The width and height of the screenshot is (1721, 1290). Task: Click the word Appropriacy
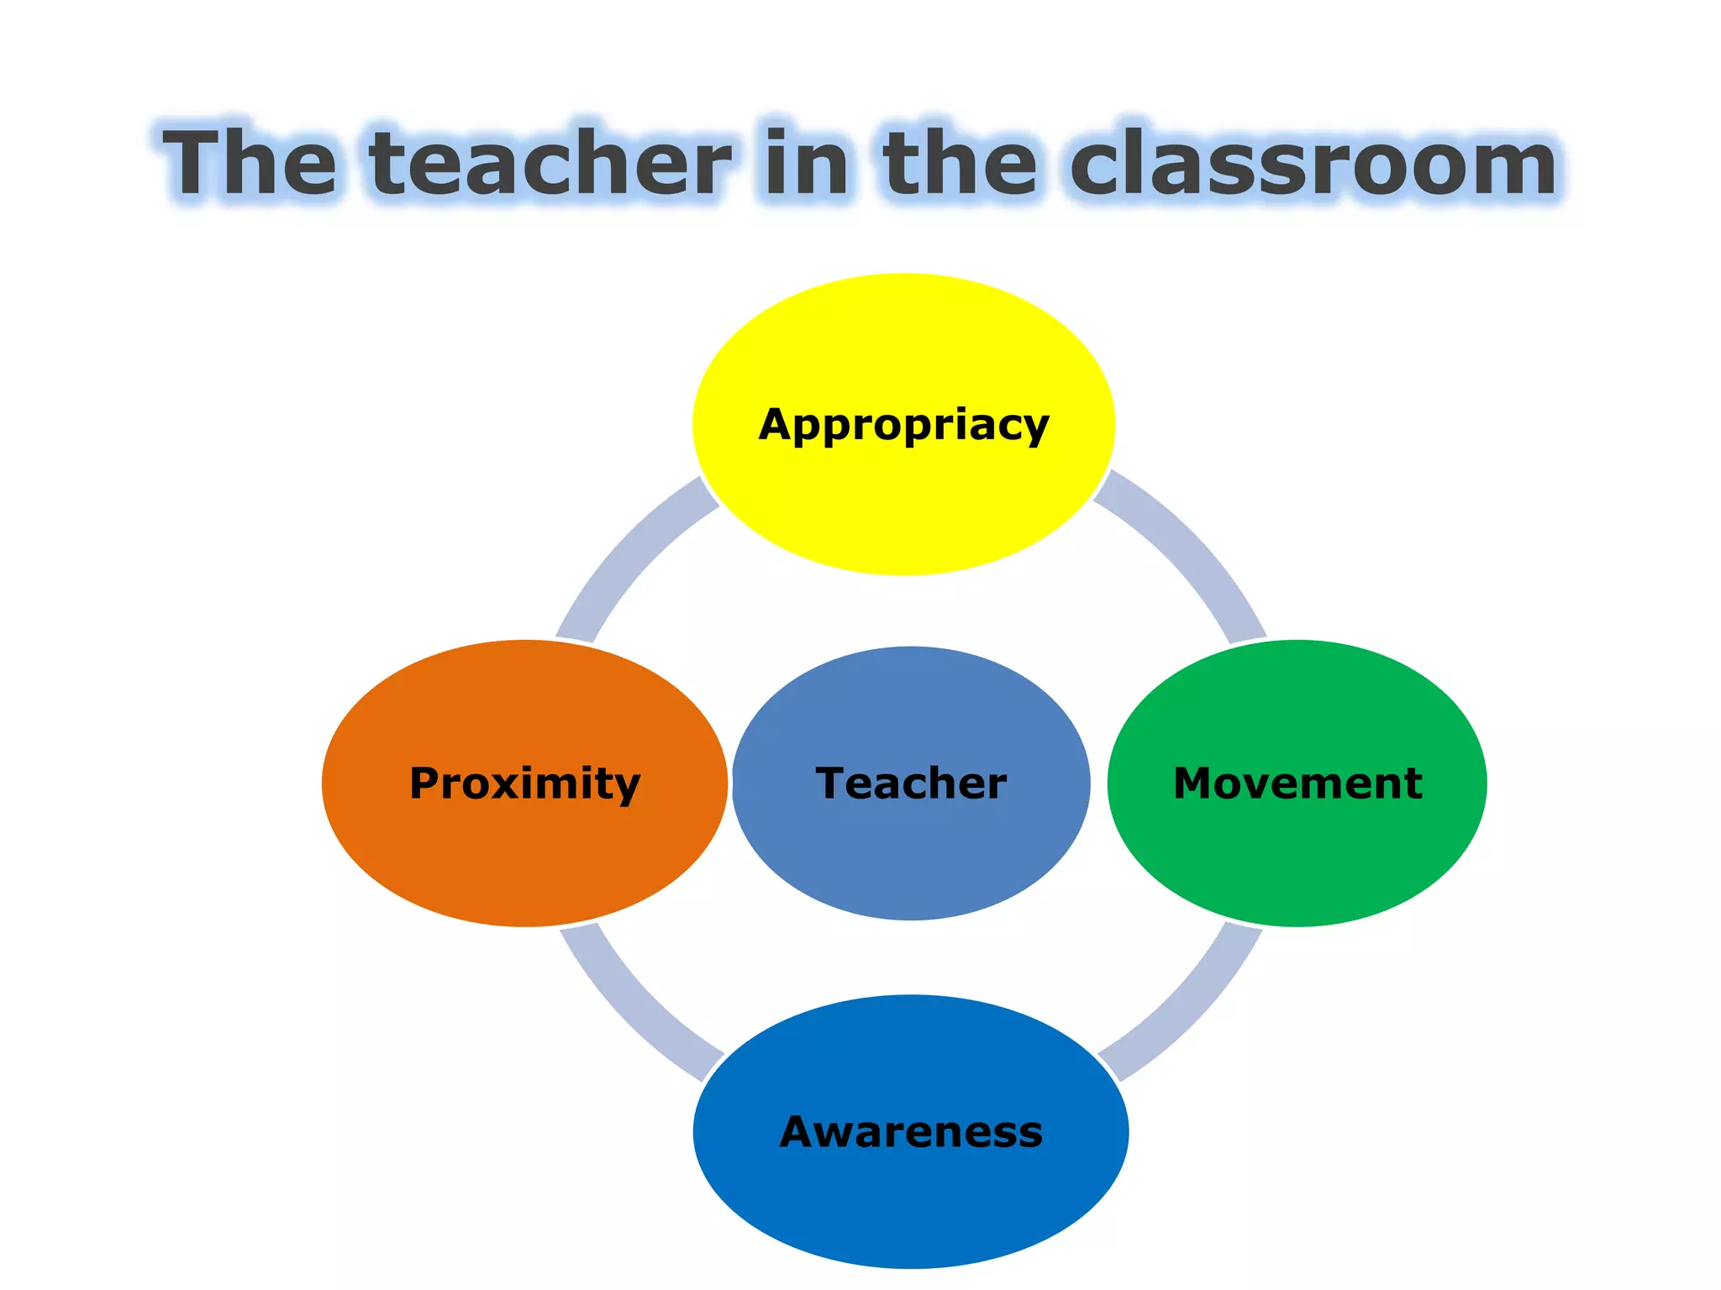pyautogui.click(x=903, y=425)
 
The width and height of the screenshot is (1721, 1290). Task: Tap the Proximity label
pyautogui.click(x=524, y=784)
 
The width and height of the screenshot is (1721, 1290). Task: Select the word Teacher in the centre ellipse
pyautogui.click(x=911, y=784)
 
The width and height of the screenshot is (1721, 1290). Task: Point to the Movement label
pyautogui.click(x=1297, y=784)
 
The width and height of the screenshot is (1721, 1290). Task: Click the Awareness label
pyautogui.click(x=911, y=1132)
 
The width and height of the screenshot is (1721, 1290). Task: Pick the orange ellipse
pyautogui.click(x=524, y=865)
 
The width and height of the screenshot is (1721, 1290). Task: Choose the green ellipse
pyautogui.click(x=1297, y=865)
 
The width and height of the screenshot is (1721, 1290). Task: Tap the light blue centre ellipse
pyautogui.click(x=911, y=865)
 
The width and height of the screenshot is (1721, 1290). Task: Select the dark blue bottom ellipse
pyautogui.click(x=911, y=1209)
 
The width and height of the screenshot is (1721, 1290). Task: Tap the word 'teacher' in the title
pyautogui.click(x=550, y=164)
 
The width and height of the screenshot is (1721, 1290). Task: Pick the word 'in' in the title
pyautogui.click(x=807, y=164)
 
